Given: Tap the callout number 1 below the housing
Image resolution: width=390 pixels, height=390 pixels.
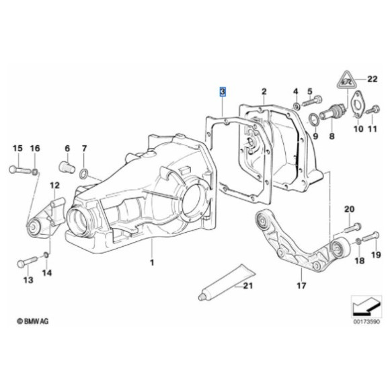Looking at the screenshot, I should [x=152, y=262].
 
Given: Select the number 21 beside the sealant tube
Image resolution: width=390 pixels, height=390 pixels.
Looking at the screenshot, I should [x=247, y=286].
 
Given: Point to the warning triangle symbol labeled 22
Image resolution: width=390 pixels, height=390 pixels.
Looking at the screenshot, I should [x=346, y=82].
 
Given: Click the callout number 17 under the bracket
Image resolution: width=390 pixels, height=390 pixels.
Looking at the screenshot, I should [x=301, y=286].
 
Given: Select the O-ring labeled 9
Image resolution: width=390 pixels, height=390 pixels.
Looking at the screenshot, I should [x=313, y=119].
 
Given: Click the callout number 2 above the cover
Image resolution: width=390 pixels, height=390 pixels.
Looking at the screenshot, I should [x=264, y=91].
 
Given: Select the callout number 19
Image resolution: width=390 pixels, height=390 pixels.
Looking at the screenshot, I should [x=376, y=254].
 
